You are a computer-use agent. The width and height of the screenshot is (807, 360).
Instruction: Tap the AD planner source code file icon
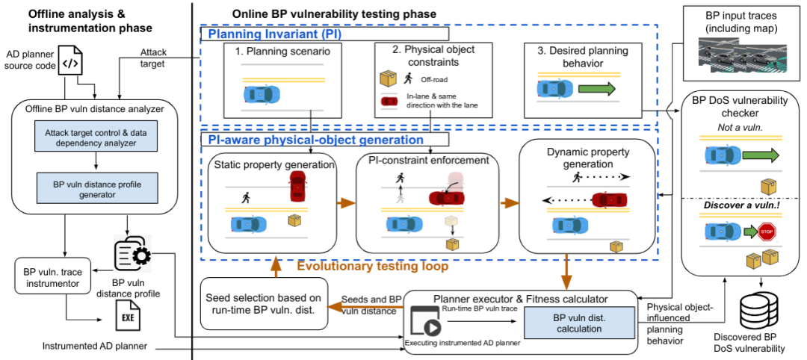(x=69, y=63)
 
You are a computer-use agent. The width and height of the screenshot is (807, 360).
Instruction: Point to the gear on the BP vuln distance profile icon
(x=139, y=255)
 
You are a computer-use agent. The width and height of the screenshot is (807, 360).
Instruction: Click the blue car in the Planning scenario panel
(x=262, y=95)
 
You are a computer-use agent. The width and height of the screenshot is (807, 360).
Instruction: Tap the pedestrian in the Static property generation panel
(x=245, y=198)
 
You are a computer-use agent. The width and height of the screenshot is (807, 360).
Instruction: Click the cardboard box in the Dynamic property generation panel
(x=616, y=246)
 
